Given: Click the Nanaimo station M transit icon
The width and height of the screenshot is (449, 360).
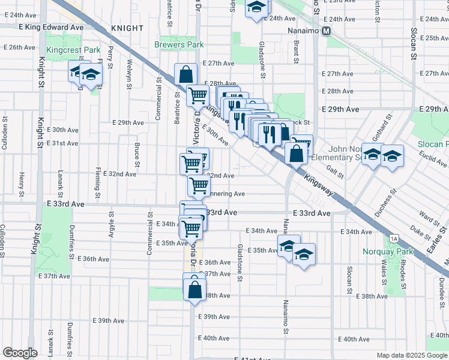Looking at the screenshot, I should [x=327, y=31].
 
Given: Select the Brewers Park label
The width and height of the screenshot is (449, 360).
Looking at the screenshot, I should [x=179, y=44].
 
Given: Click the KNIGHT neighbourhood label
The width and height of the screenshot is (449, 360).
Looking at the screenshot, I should [x=127, y=28].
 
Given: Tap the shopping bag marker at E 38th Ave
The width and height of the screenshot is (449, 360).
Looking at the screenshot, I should [x=195, y=289].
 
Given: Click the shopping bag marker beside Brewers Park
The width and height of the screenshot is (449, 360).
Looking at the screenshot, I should [x=186, y=75].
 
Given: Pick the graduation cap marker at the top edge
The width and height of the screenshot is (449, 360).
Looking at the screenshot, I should [x=256, y=8].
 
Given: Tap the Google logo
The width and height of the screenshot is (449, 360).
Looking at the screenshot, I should [x=20, y=353].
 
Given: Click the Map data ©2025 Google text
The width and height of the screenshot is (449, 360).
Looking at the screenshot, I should [x=412, y=355].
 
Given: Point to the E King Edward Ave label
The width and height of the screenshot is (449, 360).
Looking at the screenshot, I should [x=51, y=27].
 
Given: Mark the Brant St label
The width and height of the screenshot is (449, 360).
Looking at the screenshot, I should [x=297, y=51].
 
